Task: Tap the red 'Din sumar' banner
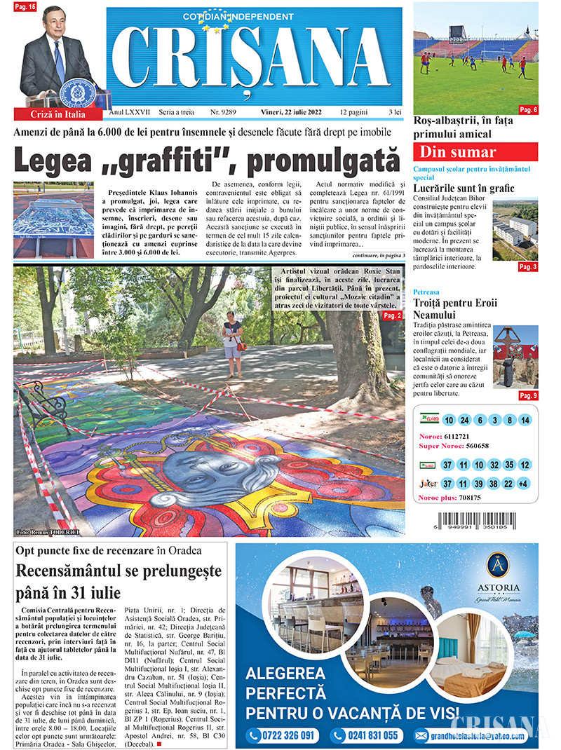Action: tap(475, 152)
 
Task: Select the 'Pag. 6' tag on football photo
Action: tap(528, 109)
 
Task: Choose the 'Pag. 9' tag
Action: tap(528, 396)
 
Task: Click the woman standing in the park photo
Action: tap(232, 341)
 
